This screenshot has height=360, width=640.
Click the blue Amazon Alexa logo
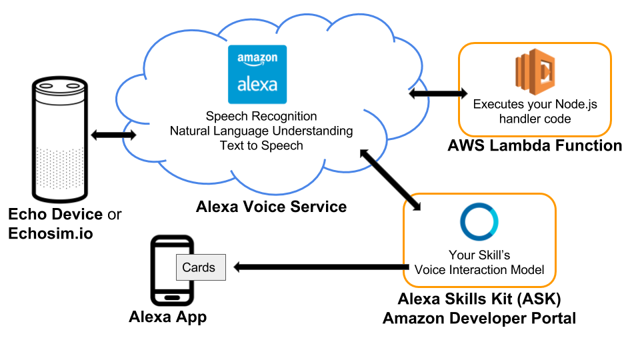(257, 74)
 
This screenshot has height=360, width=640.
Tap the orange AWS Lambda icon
(535, 72)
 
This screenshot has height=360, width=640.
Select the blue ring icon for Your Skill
(479, 223)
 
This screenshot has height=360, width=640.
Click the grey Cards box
(200, 267)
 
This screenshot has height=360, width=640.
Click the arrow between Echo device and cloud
(113, 135)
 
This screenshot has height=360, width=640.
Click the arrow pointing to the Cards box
(320, 267)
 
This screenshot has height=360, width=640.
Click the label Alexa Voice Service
(271, 207)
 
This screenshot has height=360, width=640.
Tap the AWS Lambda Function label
(535, 145)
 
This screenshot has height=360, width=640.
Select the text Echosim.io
(50, 233)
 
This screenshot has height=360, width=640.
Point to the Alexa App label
(167, 317)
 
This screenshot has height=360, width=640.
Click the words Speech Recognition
(261, 116)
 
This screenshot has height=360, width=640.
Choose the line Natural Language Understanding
(261, 131)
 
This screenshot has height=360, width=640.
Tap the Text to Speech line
(261, 145)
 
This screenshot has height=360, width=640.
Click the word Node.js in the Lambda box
(577, 104)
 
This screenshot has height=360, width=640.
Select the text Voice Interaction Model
(479, 270)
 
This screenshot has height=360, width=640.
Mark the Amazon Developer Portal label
(479, 319)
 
